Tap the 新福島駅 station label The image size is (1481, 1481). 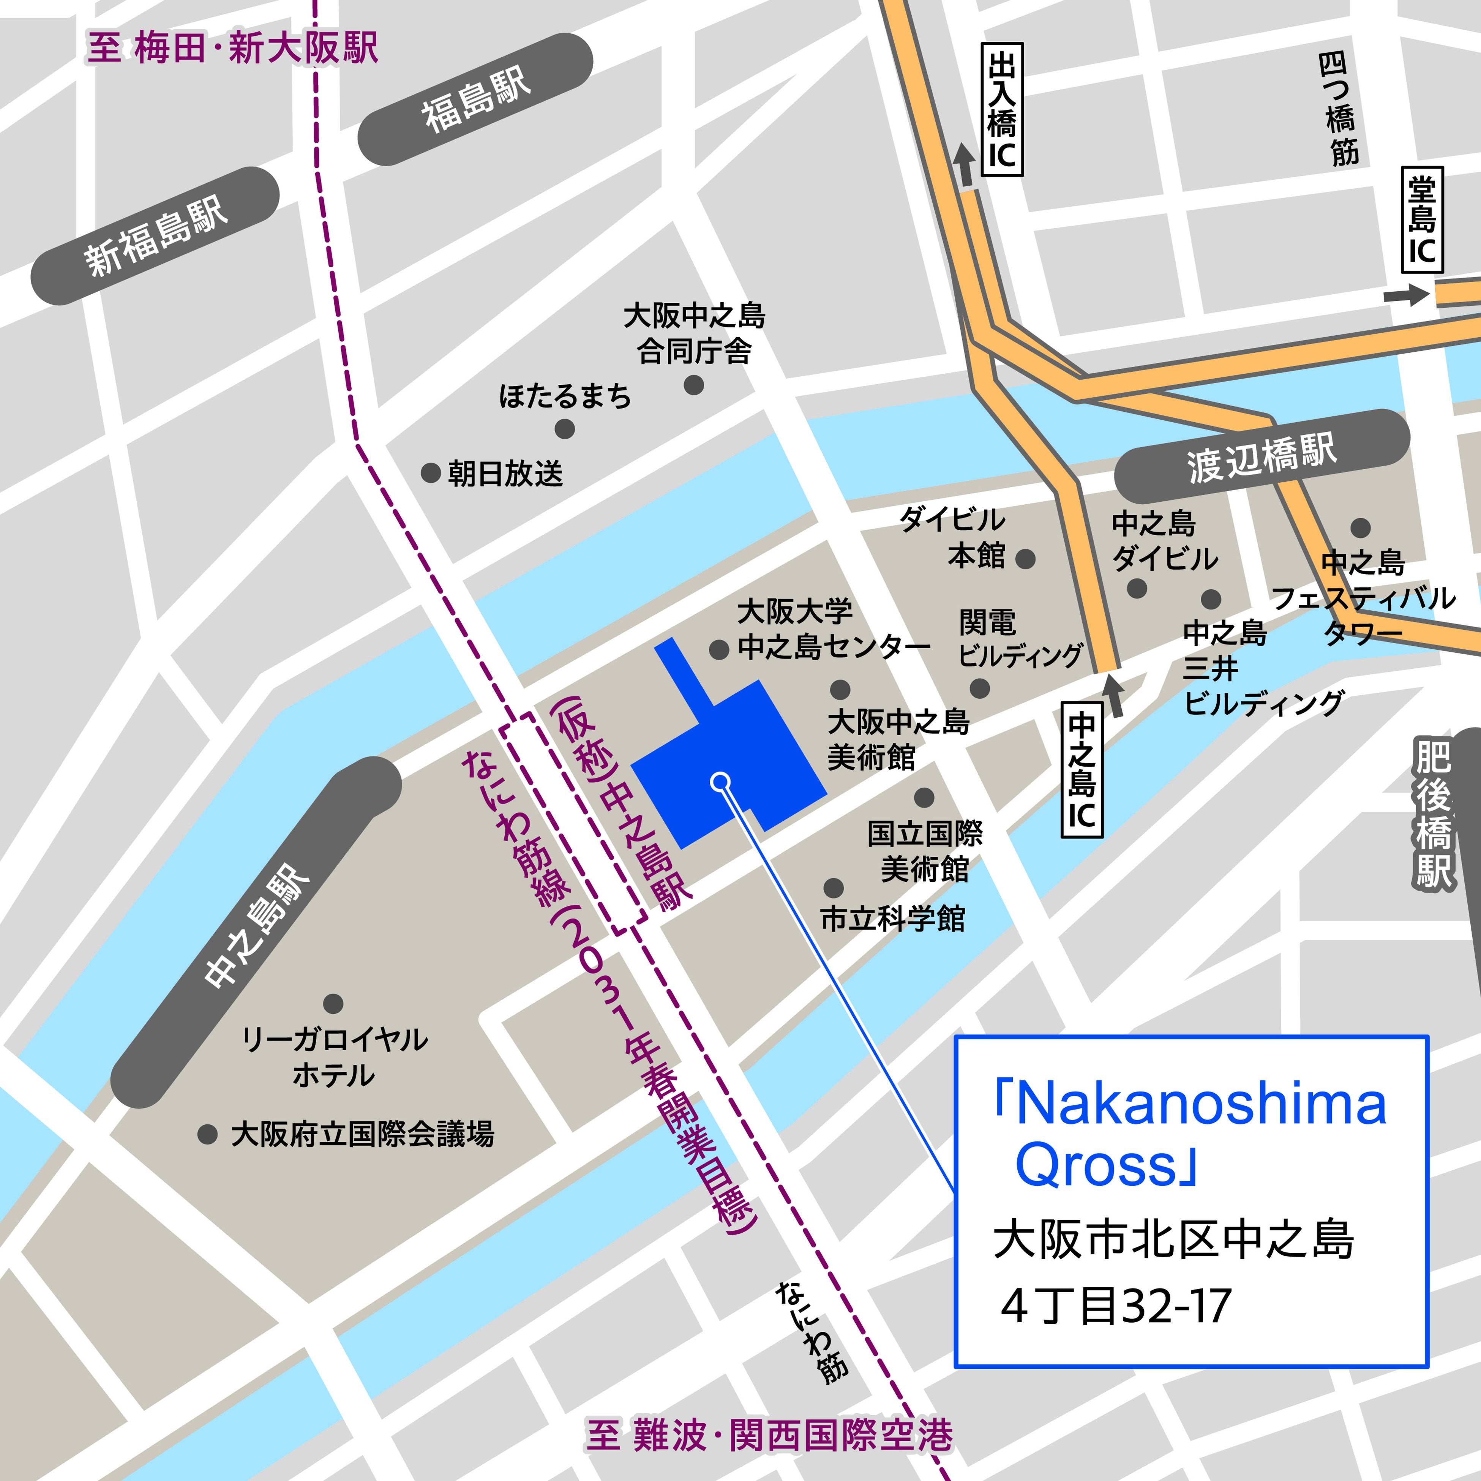156,236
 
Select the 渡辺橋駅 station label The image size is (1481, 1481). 1261,457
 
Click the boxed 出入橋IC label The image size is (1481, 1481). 1002,110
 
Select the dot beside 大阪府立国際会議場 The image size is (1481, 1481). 207,1134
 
